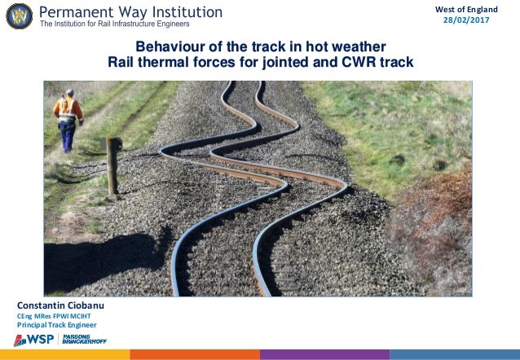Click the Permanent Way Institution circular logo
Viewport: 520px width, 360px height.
(19, 15)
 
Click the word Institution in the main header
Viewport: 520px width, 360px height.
(178, 12)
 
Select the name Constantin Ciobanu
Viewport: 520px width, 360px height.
(60, 305)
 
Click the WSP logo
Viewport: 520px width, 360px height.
(33, 340)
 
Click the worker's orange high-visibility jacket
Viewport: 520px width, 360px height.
(68, 109)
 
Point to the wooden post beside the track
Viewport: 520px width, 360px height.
(113, 164)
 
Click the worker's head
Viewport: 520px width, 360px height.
(69, 93)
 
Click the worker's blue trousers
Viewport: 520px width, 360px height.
(67, 134)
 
